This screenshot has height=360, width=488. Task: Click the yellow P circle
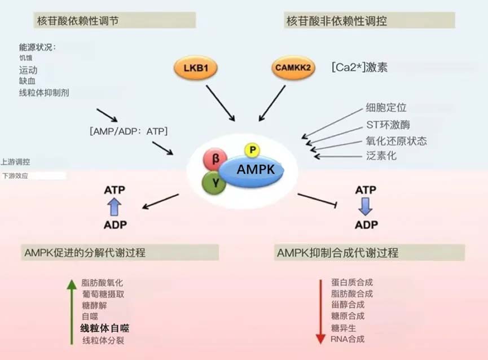click(252, 150)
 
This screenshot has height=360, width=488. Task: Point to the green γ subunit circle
click(215, 183)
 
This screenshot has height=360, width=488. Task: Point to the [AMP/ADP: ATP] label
click(129, 131)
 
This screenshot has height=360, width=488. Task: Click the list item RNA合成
click(348, 339)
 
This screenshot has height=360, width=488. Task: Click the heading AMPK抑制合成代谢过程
click(337, 252)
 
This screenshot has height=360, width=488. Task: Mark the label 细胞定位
click(386, 107)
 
